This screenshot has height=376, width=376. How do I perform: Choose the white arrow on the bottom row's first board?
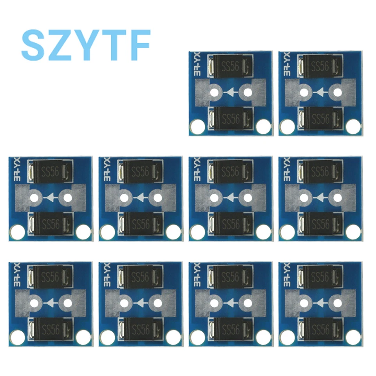point(51,302)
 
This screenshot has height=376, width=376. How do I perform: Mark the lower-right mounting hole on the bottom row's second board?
point(173,337)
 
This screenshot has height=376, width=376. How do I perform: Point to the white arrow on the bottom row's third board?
point(231,302)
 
